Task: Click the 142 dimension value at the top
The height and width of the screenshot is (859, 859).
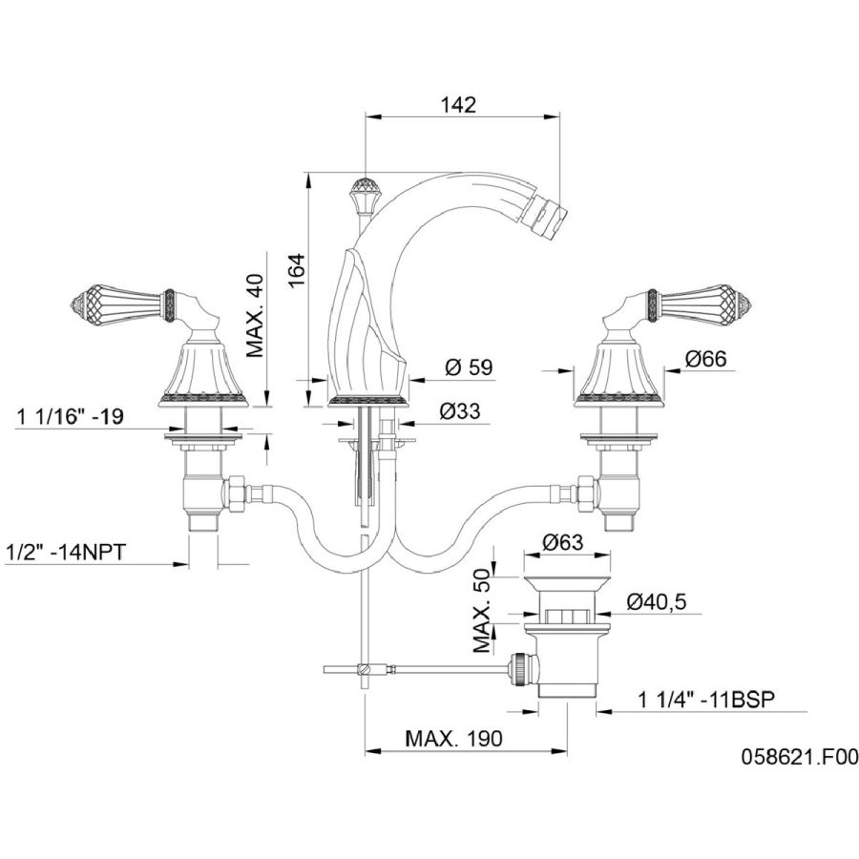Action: pos(458,105)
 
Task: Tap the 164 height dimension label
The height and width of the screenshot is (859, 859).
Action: pos(296,270)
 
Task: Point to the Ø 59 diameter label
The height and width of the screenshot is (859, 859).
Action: pos(469,367)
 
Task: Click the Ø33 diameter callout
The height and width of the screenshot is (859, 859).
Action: pos(460,410)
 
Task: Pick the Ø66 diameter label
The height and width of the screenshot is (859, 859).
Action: pos(705,359)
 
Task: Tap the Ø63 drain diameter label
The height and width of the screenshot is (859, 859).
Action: pos(563,542)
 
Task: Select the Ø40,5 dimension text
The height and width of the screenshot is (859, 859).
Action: pos(657,602)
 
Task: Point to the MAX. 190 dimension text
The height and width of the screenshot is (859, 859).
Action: pos(453,739)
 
